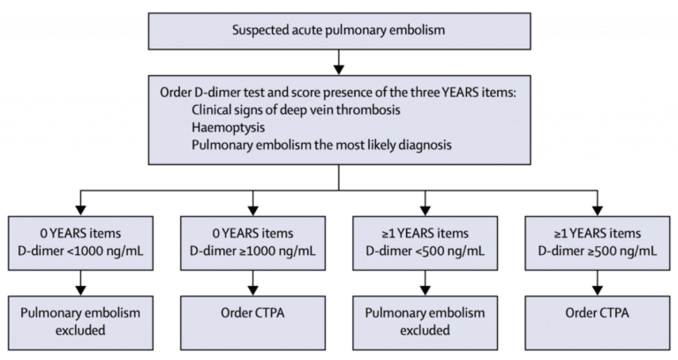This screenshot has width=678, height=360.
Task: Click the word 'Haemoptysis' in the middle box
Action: tap(225, 126)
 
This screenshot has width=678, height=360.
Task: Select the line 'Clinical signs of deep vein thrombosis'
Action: tap(295, 109)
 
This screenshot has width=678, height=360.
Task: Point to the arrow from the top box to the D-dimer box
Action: tap(339, 63)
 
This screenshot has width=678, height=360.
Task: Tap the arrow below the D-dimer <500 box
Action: tap(425, 281)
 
